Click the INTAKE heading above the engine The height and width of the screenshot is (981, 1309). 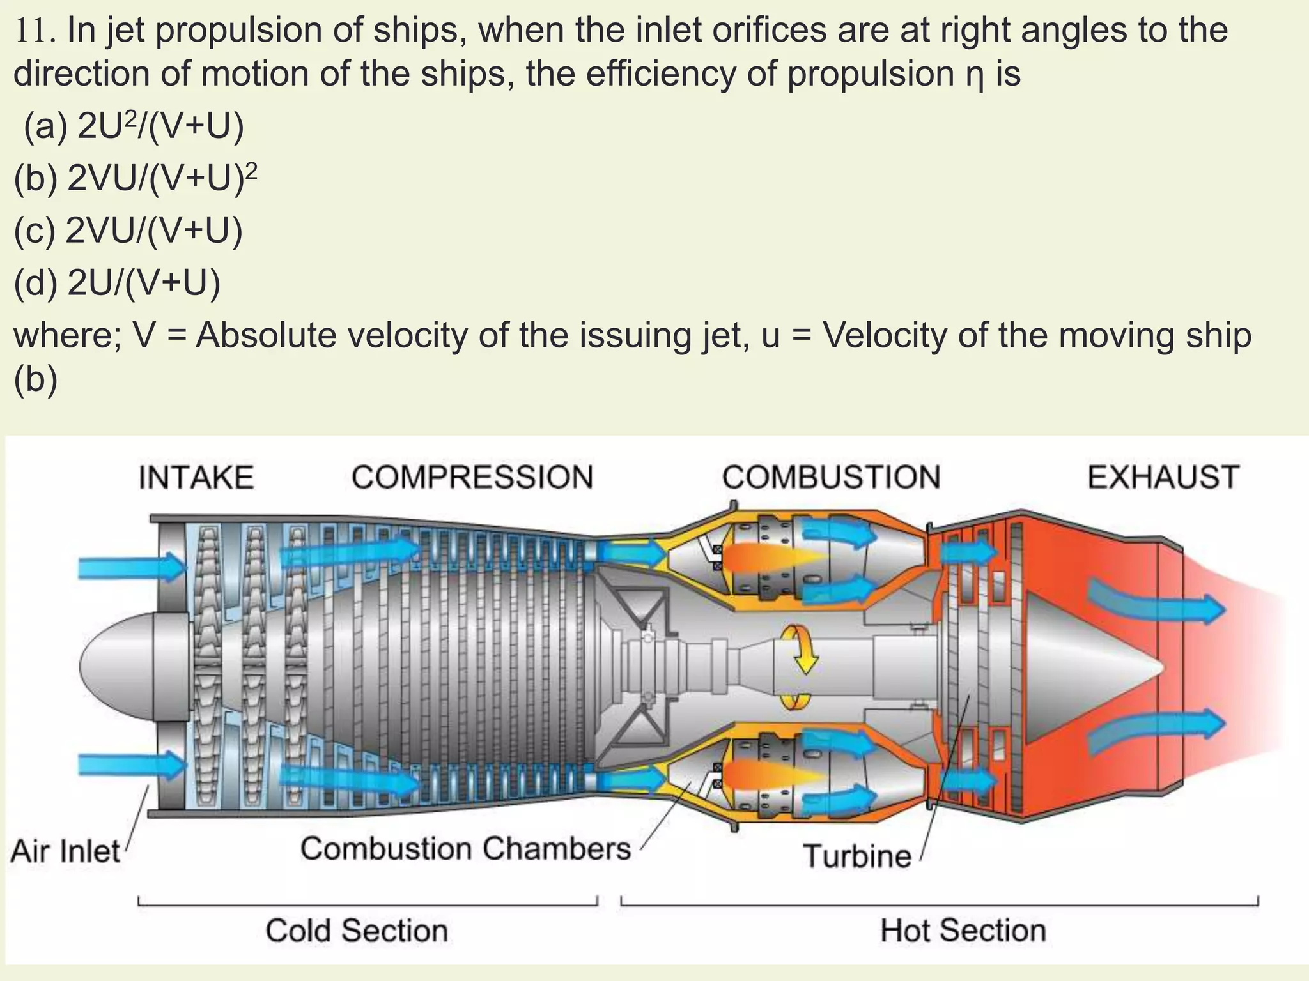(196, 478)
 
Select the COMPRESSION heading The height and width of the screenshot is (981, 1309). (472, 478)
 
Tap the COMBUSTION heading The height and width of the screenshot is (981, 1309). (831, 478)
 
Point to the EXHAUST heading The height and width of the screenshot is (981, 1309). (1163, 478)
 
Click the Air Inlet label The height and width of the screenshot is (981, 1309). (65, 852)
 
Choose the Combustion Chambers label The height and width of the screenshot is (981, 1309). (465, 849)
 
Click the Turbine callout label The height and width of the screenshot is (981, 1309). (856, 856)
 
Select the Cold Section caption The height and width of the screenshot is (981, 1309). (357, 931)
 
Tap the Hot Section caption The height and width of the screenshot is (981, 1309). (963, 931)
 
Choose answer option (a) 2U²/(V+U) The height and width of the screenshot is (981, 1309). (134, 126)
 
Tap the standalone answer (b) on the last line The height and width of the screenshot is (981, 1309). (35, 379)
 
